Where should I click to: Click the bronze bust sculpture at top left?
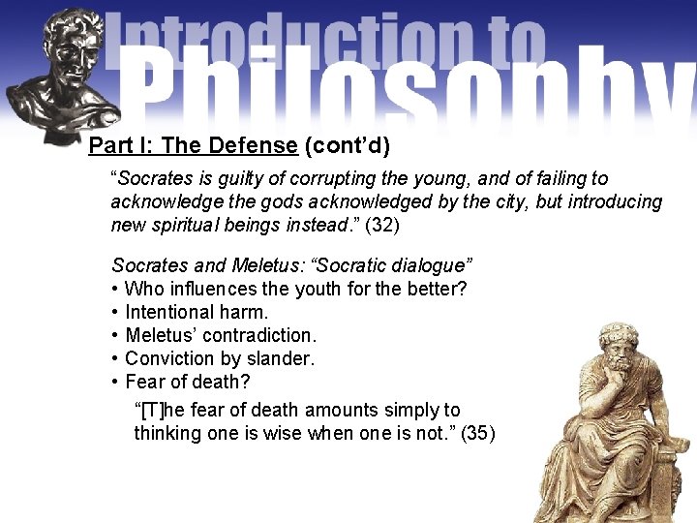63,73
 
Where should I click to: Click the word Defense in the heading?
252,146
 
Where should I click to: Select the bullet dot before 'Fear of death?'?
116,382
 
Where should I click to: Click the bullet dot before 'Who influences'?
116,289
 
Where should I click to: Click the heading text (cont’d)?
347,146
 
